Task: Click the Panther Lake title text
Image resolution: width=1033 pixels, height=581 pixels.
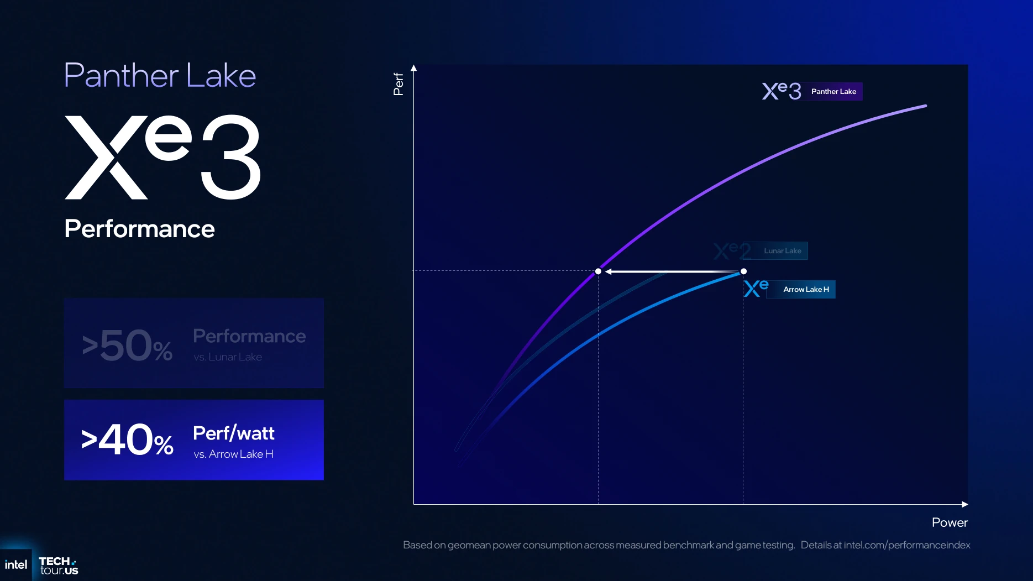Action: point(160,75)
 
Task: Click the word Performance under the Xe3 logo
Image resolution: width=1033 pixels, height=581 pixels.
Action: point(139,229)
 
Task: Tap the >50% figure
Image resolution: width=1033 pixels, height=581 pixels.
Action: point(127,346)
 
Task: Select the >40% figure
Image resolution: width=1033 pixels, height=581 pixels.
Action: point(127,440)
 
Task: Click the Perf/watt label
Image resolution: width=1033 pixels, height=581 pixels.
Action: point(234,433)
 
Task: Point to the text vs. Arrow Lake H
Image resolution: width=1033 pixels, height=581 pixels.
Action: point(233,454)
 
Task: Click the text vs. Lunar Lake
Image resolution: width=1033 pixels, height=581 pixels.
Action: point(228,357)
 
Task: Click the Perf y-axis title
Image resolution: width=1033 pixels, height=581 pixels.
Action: point(398,84)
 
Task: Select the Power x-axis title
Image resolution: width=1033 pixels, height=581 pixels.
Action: point(950,522)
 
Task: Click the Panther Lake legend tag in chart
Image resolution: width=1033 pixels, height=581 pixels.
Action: point(833,92)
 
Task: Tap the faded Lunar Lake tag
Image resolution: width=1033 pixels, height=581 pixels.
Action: point(782,251)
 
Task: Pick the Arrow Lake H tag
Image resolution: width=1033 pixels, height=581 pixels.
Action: point(806,290)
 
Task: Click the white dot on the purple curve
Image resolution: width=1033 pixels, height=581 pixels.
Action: point(598,271)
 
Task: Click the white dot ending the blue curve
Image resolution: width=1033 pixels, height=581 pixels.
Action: point(743,271)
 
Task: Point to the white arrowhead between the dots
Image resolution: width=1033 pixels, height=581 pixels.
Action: point(608,271)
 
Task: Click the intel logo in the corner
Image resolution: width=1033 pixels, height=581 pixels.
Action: point(15,565)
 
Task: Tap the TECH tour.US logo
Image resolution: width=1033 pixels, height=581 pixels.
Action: point(59,566)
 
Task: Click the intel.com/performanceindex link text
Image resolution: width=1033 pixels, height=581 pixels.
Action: point(907,545)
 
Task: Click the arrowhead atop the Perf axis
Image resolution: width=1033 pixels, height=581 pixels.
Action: point(413,68)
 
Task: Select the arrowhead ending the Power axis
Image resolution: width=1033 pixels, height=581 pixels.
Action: point(965,504)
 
